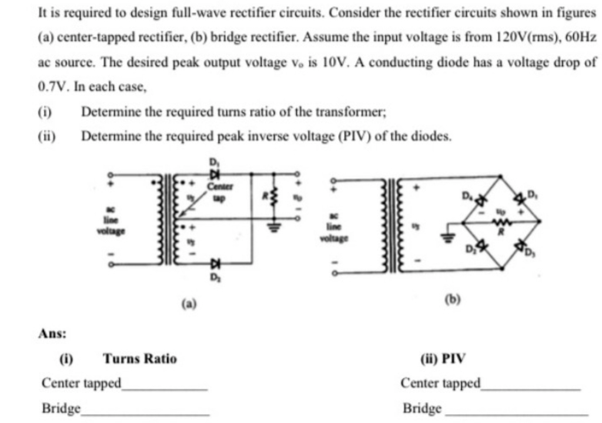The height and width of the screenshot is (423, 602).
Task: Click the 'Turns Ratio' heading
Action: (139, 358)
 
